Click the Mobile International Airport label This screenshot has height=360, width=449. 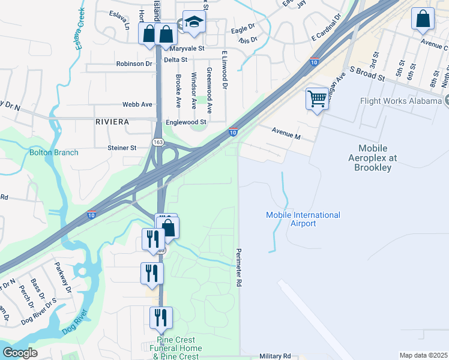click(x=303, y=219)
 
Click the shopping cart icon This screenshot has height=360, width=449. click(x=316, y=98)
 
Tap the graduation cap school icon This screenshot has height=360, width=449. click(x=193, y=23)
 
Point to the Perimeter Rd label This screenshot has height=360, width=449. click(x=239, y=266)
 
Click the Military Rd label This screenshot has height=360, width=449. click(x=275, y=356)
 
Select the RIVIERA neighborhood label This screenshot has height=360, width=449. click(x=112, y=122)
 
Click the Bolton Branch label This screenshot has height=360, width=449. click(x=54, y=152)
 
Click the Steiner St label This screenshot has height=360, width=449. click(x=122, y=148)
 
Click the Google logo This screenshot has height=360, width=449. click(x=20, y=353)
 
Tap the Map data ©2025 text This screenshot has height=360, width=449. click(x=423, y=355)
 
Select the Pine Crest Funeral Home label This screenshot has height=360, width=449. click(x=176, y=349)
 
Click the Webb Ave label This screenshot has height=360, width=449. click(x=137, y=104)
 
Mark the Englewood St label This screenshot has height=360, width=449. click(x=186, y=122)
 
